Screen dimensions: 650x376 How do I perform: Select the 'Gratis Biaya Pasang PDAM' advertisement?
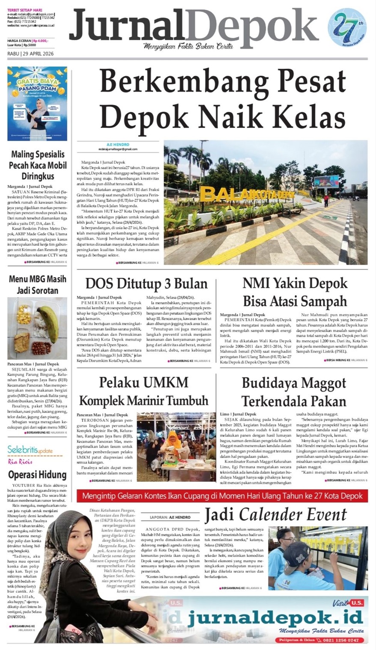click(37, 104)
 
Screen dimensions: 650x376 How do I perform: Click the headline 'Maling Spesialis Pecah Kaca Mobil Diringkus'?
click(38, 165)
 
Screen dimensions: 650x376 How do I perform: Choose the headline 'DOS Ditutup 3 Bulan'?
click(146, 284)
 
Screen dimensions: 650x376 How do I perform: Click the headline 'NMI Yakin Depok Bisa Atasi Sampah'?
click(295, 291)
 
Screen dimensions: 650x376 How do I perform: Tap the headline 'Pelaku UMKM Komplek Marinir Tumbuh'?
click(143, 391)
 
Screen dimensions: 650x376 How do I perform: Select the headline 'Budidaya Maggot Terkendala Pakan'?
click(294, 392)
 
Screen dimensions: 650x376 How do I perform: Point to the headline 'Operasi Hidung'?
click(38, 475)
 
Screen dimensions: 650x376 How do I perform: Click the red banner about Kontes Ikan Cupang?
click(222, 496)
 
